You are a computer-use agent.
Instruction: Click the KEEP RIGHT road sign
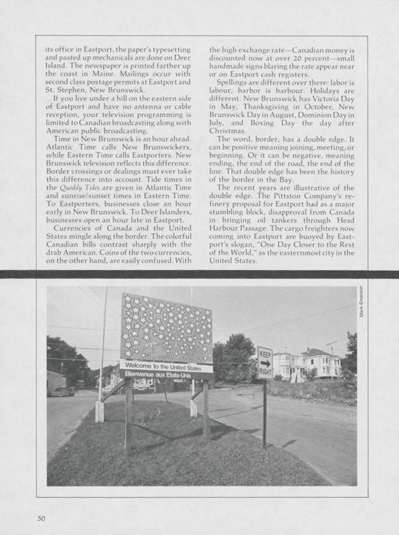pos(264,362)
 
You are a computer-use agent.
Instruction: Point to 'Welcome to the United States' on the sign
pos(165,366)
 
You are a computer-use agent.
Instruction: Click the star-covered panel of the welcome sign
pos(165,328)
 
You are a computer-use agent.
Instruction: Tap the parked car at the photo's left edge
pos(62,391)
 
